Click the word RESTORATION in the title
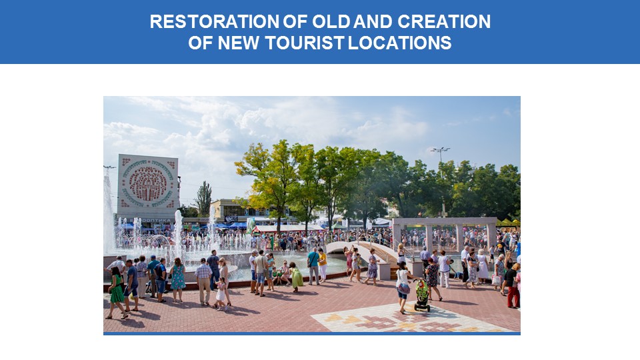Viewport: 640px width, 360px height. [x=215, y=21]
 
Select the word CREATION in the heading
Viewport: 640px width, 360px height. [x=444, y=21]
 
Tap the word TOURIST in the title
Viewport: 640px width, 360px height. [x=305, y=43]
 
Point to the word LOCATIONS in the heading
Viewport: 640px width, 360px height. [x=400, y=43]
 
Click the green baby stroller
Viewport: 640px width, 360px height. [x=422, y=295]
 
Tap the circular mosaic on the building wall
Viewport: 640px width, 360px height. [x=148, y=183]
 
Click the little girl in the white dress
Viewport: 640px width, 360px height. [x=221, y=293]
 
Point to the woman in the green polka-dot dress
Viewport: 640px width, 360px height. [x=116, y=293]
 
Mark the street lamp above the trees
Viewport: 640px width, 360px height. [x=440, y=155]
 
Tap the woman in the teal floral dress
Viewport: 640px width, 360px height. [x=178, y=279]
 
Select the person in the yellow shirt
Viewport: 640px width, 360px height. [x=323, y=265]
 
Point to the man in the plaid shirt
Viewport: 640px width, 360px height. [x=203, y=281]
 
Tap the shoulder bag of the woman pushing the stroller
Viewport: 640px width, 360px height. [x=403, y=288]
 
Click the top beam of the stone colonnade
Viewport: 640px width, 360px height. [x=444, y=221]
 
